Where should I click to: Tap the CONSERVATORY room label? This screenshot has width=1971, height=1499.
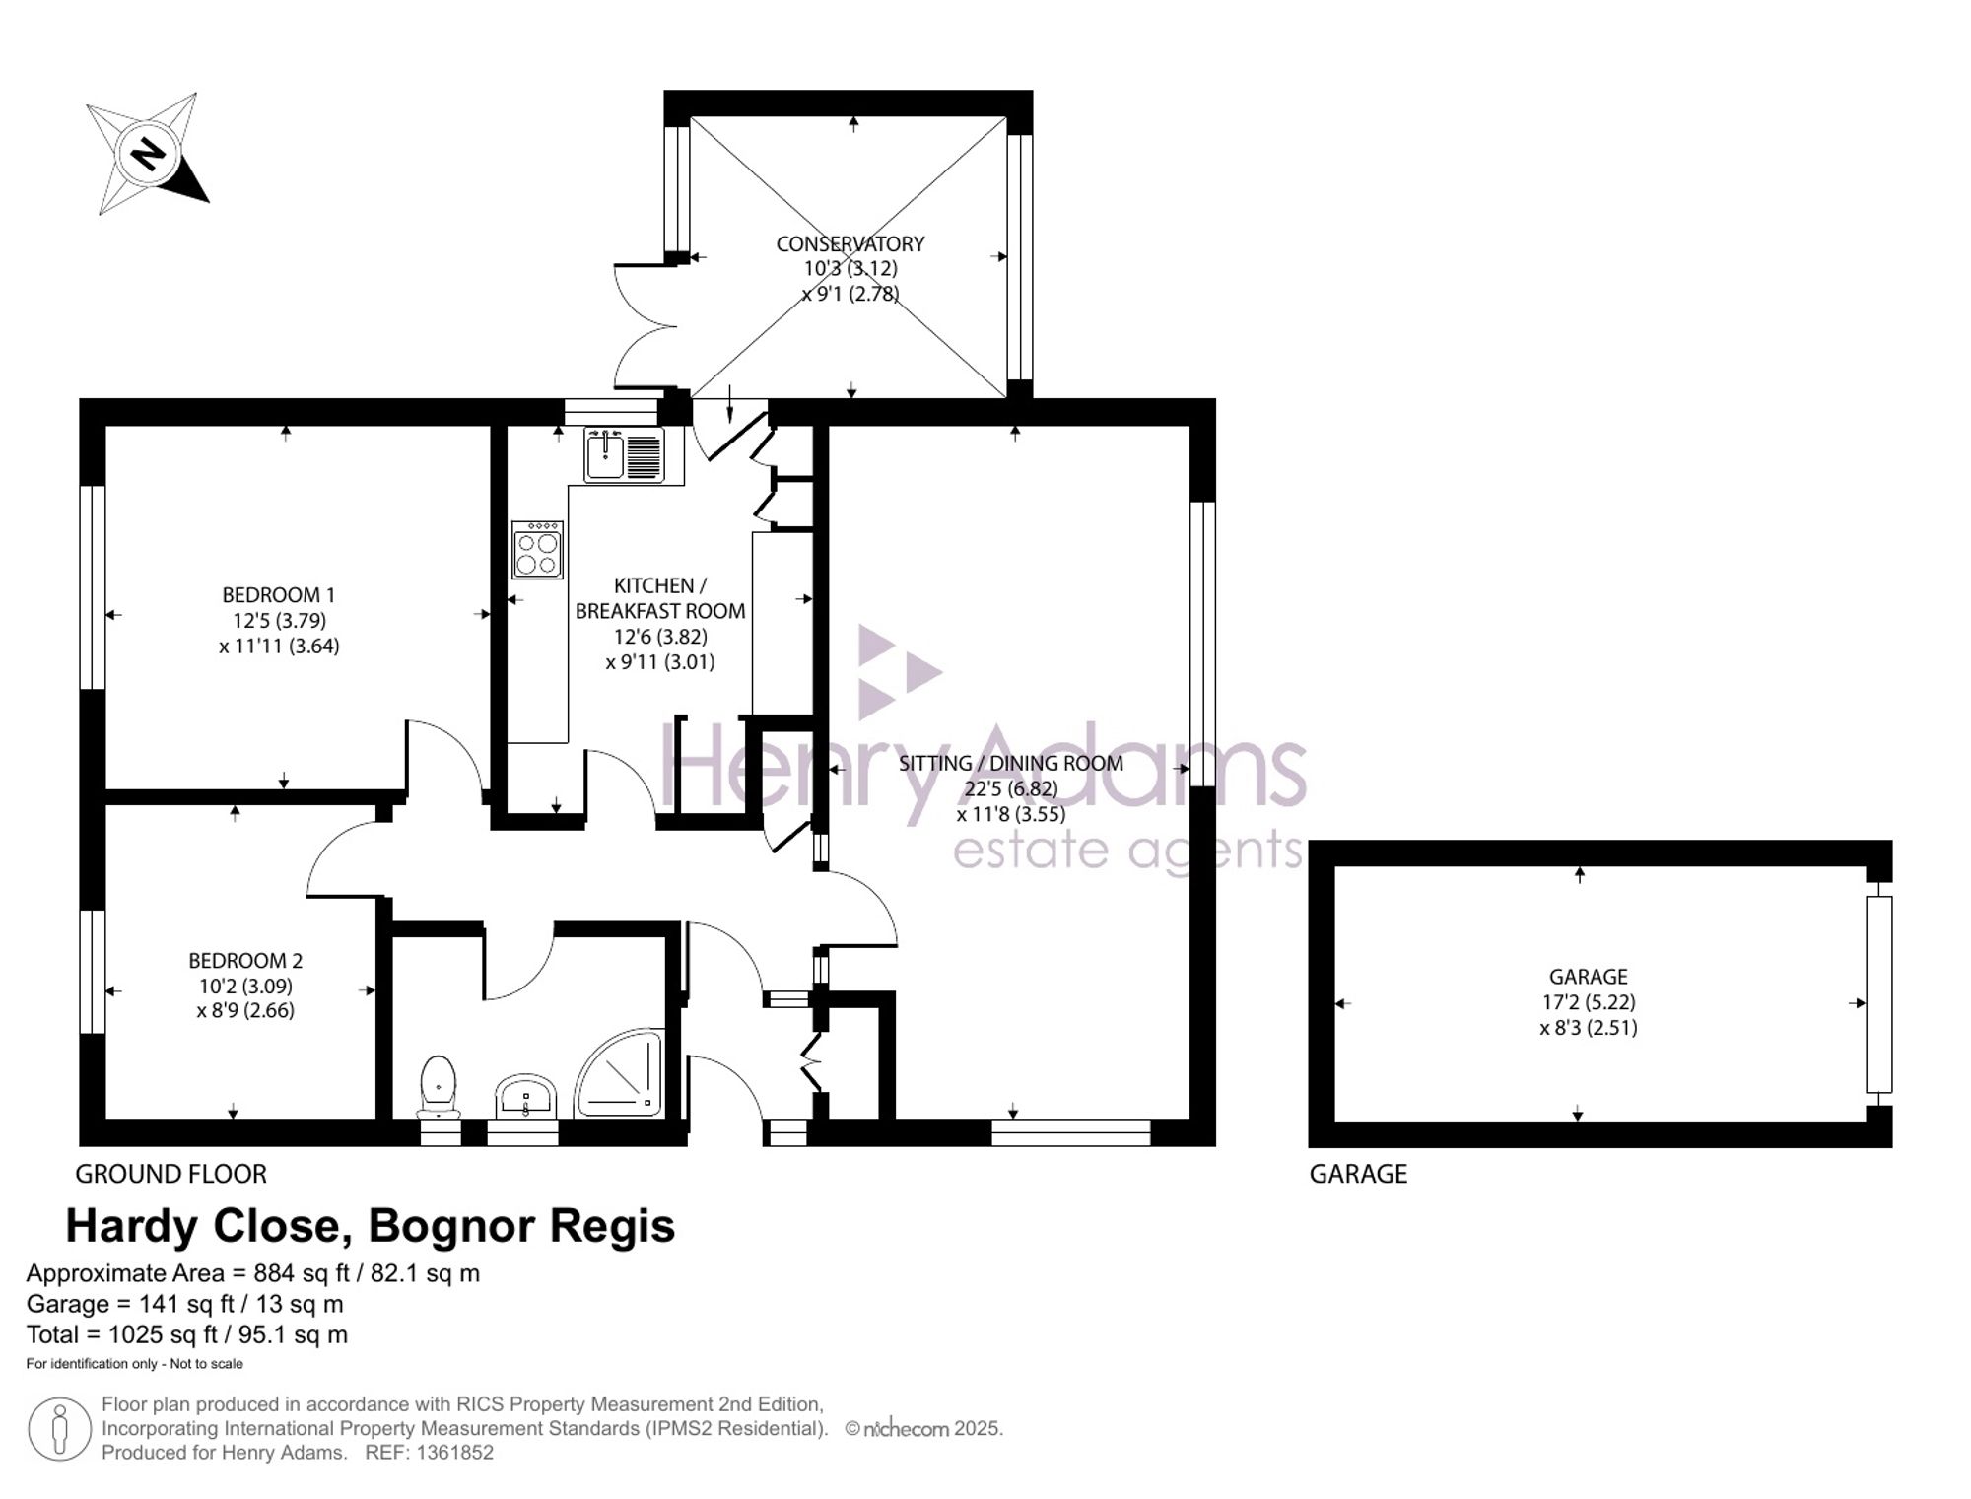[850, 243]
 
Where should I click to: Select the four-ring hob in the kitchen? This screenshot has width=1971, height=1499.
[537, 550]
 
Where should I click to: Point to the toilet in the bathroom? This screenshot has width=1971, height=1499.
[439, 1087]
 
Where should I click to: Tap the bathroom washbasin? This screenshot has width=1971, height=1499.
[526, 1097]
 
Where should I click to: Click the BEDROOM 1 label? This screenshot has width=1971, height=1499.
[279, 595]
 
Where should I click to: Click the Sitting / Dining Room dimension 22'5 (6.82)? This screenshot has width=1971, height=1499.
[1011, 788]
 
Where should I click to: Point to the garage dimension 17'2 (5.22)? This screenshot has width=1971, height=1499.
[1588, 1002]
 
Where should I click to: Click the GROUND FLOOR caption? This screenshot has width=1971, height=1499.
[171, 1174]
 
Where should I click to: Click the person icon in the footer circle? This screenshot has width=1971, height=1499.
[60, 1429]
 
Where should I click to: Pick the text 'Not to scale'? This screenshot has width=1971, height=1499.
[206, 1364]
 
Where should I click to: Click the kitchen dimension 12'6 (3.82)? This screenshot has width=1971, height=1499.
[660, 637]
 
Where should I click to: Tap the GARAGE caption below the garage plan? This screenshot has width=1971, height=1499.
[1358, 1174]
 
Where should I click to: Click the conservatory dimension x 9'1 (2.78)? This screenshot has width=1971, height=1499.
[850, 293]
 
